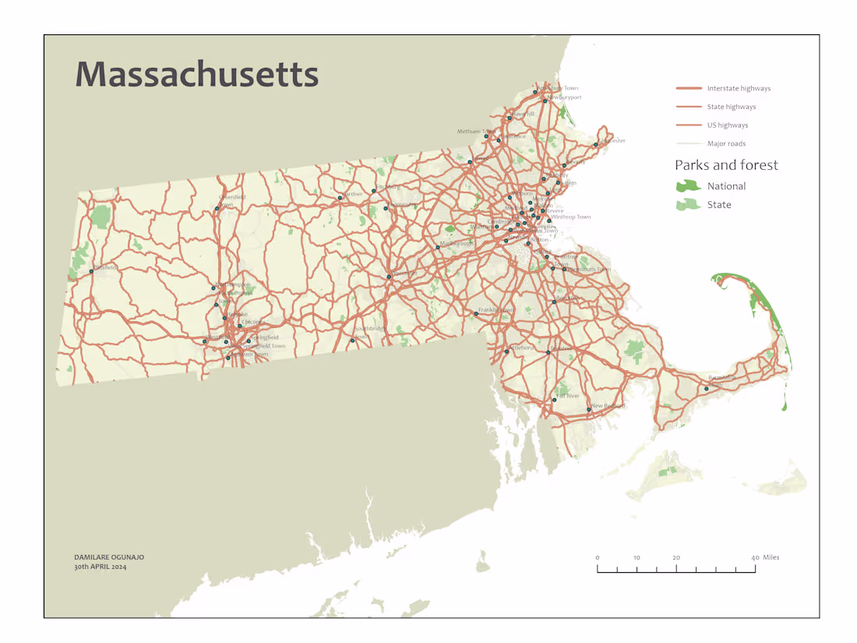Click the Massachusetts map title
click(197, 74)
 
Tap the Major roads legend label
click(726, 143)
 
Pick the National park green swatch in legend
click(688, 186)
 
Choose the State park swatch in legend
click(688, 204)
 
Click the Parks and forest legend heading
click(726, 165)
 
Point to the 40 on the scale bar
click(755, 558)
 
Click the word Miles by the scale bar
click(771, 557)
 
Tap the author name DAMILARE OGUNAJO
click(109, 557)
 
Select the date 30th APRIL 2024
click(101, 567)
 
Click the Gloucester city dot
click(596, 144)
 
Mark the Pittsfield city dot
click(91, 270)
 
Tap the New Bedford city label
click(608, 406)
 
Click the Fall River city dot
click(555, 400)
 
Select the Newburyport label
click(566, 97)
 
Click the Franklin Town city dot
click(476, 314)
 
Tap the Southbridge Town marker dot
click(353, 341)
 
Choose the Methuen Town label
click(475, 132)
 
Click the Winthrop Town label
click(571, 217)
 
